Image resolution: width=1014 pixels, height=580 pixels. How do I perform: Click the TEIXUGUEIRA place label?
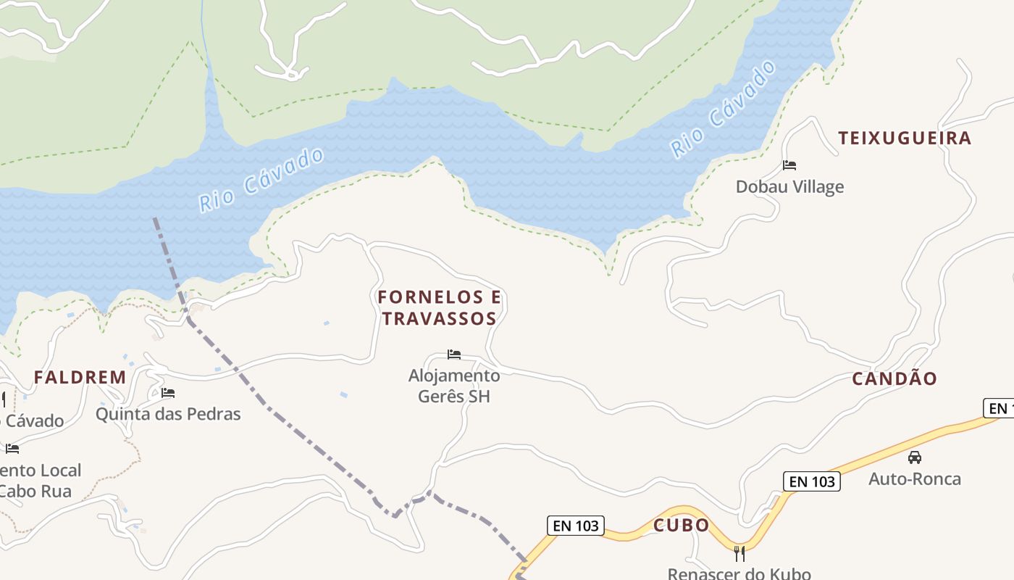coord(905,138)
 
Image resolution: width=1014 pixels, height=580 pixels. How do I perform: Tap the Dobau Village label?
coord(789,187)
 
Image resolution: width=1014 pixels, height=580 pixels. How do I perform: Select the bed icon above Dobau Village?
coord(789,165)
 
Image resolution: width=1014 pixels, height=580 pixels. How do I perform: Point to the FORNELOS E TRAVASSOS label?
coord(440,308)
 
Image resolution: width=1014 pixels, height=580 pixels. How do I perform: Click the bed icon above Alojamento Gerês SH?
coord(454,355)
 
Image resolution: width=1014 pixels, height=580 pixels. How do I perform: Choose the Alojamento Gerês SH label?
coord(454,386)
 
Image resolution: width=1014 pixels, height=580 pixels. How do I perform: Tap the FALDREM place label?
coord(80,378)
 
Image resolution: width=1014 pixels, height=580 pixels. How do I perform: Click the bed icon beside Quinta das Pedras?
coord(168,394)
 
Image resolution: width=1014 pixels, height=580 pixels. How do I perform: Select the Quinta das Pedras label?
coord(168,415)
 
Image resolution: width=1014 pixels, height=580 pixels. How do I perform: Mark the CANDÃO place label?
coord(894,378)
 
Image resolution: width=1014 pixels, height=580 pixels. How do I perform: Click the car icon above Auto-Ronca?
coord(915,457)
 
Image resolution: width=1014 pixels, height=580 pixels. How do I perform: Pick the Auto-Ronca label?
coord(915,479)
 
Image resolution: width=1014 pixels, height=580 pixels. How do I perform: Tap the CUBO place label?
coord(682,526)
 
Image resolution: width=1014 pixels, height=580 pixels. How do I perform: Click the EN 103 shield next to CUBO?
coord(575,526)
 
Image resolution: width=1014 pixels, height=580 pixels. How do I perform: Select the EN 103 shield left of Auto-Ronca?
coord(811,481)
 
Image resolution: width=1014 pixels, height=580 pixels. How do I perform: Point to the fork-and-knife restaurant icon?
coord(739,554)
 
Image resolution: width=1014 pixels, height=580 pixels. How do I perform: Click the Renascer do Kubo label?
coord(739,573)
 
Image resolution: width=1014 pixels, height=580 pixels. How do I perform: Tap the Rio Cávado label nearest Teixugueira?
coord(723,109)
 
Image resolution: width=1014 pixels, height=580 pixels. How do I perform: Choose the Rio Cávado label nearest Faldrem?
coord(261,180)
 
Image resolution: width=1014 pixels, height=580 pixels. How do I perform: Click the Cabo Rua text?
coord(35,492)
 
